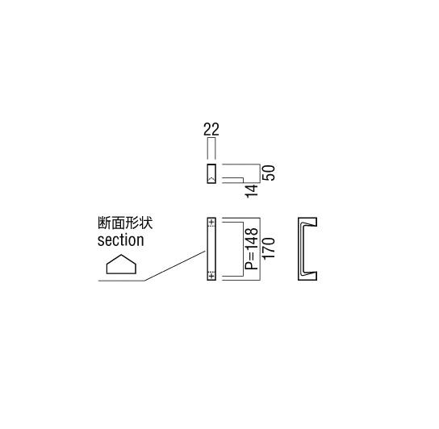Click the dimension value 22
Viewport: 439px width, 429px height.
[x=211, y=129]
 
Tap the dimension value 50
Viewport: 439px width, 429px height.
[x=269, y=173]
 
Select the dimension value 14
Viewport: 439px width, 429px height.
[x=252, y=191]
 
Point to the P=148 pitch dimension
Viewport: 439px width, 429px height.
[x=252, y=248]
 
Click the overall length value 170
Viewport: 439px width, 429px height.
[x=269, y=248]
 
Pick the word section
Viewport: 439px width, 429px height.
[x=121, y=240]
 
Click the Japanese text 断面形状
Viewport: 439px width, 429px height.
[x=125, y=223]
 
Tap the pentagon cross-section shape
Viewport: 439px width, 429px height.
[x=121, y=264]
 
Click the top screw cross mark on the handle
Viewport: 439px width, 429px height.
[x=211, y=223]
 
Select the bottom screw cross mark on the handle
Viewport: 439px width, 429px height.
[x=211, y=276]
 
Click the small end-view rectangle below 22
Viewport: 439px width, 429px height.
[x=211, y=174]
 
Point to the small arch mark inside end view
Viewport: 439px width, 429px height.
[x=211, y=178]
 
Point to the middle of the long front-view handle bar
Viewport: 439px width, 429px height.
[x=211, y=249]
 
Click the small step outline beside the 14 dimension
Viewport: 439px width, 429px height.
[x=233, y=180]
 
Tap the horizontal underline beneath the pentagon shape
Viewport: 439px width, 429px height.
[x=121, y=281]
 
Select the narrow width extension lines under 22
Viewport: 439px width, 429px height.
[x=211, y=148]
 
